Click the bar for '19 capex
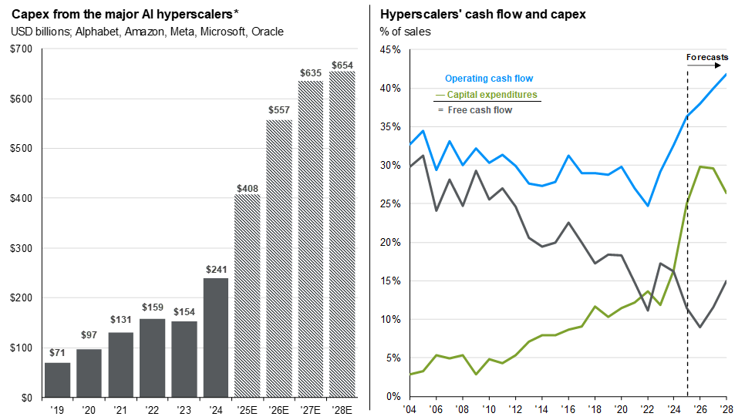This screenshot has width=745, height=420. tap(58, 379)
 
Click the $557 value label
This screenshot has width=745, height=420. tap(279, 111)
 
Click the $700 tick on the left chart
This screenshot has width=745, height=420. tap(22, 49)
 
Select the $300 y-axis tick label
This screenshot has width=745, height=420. tap(22, 248)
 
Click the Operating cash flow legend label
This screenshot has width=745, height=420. tap(489, 79)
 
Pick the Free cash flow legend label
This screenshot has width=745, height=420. tap(480, 110)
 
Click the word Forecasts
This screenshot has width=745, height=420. tap(707, 57)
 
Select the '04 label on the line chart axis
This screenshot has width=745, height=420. tap(409, 409)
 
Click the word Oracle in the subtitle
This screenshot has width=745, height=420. tap(268, 32)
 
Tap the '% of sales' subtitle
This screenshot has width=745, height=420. tap(406, 32)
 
